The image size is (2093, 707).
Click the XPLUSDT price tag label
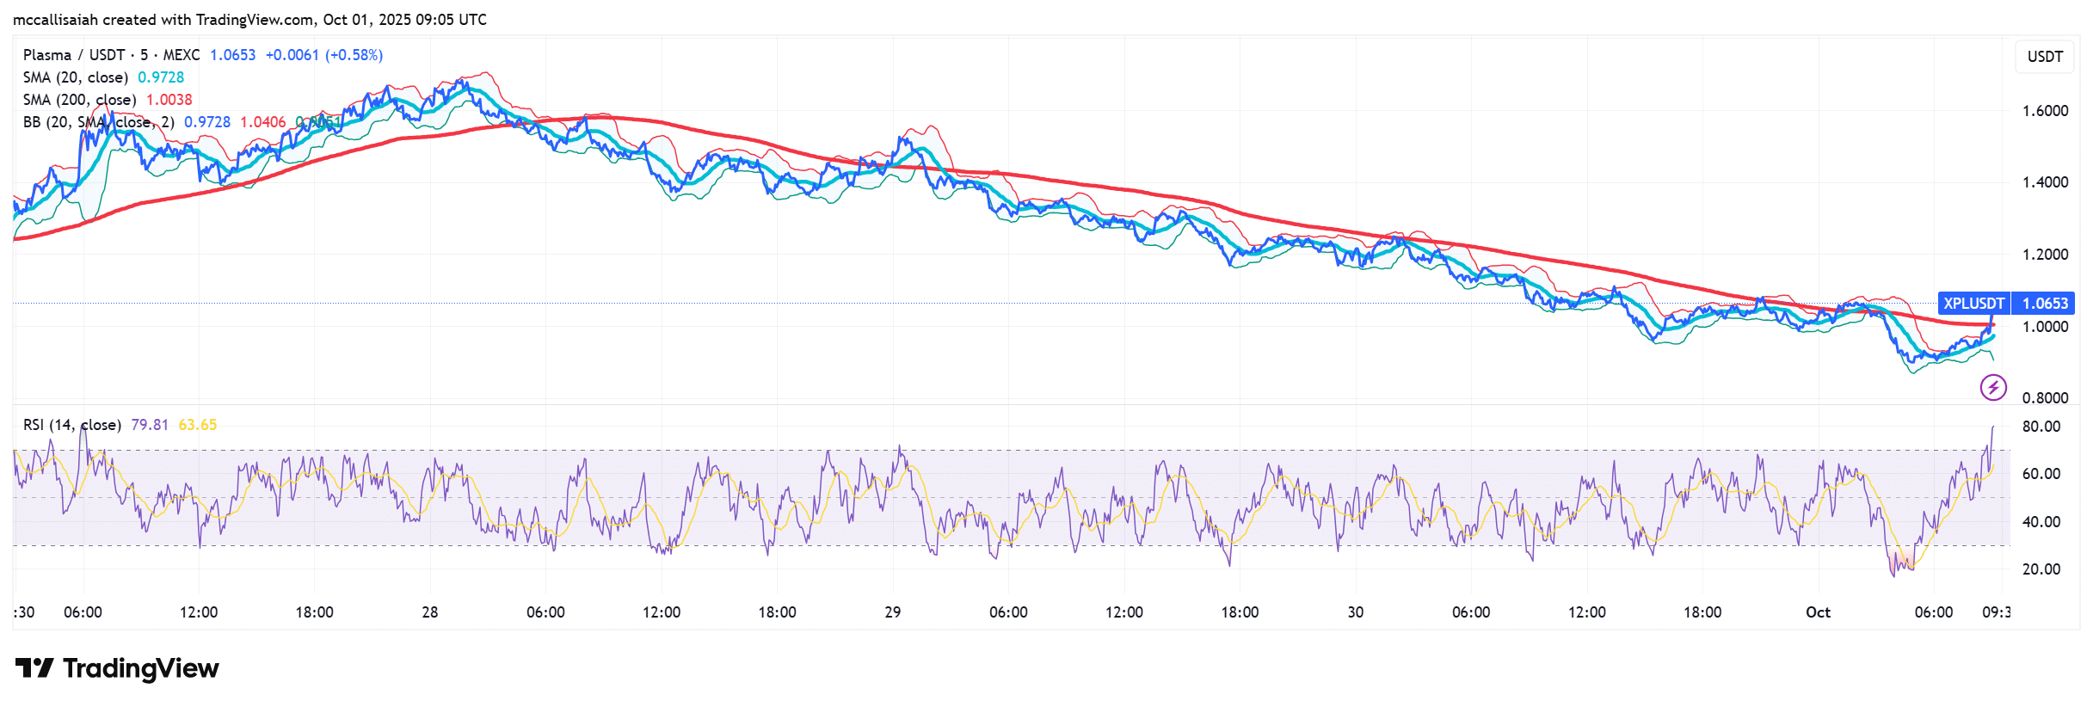(1973, 303)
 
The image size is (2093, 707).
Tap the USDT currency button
(2045, 57)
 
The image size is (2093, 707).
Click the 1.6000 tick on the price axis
(2045, 111)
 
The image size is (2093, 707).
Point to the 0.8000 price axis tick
(2045, 397)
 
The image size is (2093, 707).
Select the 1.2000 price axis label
(2045, 255)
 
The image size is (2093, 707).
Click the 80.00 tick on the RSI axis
(2041, 427)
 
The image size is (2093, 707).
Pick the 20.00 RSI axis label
(2041, 569)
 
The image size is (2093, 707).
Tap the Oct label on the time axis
(1817, 612)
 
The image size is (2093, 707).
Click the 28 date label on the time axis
(429, 612)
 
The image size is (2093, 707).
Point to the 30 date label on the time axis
(1355, 612)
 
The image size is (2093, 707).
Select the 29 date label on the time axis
(892, 612)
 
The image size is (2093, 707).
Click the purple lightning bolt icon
(1993, 387)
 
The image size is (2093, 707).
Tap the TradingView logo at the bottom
(117, 668)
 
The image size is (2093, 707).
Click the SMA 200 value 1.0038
(169, 100)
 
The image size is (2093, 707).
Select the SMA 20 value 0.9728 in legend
(161, 77)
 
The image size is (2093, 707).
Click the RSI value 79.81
(149, 425)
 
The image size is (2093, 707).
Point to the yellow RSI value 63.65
(197, 425)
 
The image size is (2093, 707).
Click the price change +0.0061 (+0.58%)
(323, 55)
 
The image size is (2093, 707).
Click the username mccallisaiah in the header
(55, 20)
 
